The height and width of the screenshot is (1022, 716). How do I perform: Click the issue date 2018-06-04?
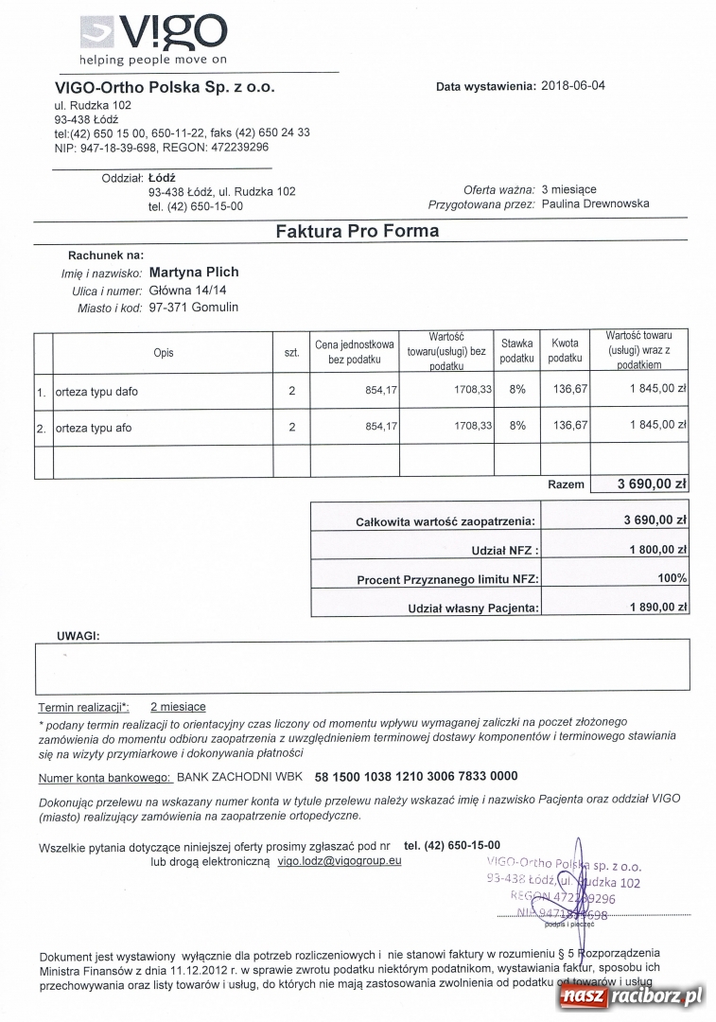point(573,86)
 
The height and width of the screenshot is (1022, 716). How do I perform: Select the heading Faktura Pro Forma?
point(357,231)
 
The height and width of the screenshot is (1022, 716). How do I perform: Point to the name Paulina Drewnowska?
point(596,203)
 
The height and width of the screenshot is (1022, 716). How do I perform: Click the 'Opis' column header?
point(163,352)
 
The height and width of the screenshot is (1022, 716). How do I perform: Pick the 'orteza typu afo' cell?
point(94,428)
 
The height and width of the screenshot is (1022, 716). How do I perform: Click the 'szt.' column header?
point(291,352)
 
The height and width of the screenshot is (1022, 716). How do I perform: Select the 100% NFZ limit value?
point(672,578)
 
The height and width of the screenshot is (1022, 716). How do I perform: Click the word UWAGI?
point(78,636)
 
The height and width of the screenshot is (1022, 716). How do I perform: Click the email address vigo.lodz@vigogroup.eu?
point(340,861)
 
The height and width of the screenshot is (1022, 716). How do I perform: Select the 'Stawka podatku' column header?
point(516,351)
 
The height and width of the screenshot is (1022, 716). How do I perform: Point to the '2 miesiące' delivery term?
point(178,707)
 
